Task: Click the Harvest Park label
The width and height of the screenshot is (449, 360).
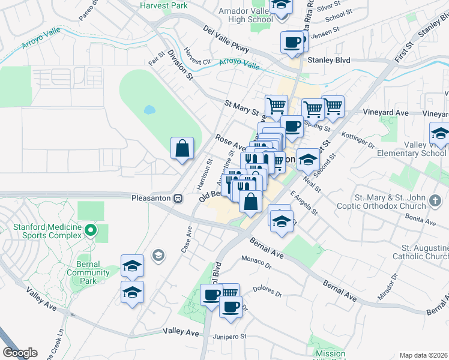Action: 163,5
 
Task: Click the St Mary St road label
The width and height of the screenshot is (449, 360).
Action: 241,107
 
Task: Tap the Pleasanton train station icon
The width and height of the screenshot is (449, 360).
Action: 178,199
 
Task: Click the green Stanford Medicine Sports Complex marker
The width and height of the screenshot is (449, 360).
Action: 91,230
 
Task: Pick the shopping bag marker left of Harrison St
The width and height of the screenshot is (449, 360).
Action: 182,148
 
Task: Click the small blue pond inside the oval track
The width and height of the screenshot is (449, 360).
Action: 148,110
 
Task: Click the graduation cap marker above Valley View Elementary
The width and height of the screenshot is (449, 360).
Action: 439,133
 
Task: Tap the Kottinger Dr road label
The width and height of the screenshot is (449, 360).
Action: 358,142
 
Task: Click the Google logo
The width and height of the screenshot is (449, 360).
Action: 20,353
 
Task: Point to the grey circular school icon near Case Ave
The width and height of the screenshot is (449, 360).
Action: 158,256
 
